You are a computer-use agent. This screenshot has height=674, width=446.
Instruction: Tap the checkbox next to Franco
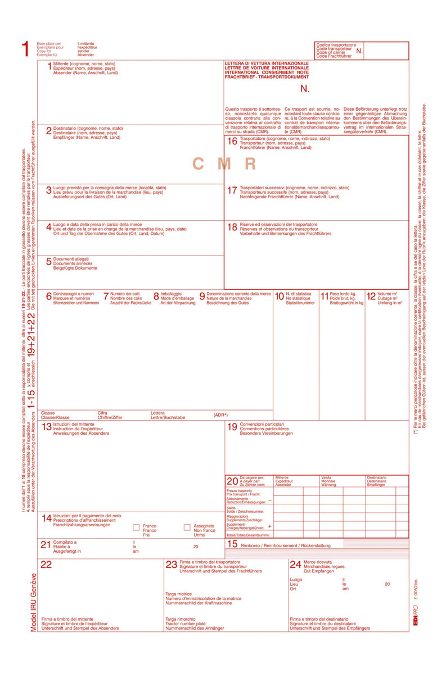(x=136, y=527)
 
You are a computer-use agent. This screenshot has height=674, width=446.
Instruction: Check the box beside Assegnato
(x=187, y=527)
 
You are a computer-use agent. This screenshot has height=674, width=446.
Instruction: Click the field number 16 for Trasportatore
(x=232, y=142)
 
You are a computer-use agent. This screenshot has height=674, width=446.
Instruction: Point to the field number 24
(x=295, y=564)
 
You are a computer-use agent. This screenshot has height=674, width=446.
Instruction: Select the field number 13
(x=46, y=427)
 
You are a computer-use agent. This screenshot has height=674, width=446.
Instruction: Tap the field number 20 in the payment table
(x=232, y=481)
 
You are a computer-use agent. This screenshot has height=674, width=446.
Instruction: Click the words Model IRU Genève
(x=33, y=603)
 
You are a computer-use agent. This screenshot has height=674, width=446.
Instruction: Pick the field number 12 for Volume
(x=371, y=296)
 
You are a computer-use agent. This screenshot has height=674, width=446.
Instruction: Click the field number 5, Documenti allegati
(x=48, y=262)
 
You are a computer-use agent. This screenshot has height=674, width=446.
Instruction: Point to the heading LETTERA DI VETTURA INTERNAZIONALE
(x=267, y=63)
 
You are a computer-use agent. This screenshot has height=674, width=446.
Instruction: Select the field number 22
(x=46, y=564)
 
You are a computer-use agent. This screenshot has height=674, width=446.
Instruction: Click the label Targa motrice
(x=179, y=593)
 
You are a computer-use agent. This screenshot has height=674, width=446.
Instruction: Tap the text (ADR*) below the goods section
(x=220, y=415)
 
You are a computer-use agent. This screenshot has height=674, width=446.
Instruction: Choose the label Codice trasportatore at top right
(x=336, y=44)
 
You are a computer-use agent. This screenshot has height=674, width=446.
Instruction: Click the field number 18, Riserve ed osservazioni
(x=232, y=227)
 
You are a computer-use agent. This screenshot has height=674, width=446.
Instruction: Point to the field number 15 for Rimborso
(x=232, y=544)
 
